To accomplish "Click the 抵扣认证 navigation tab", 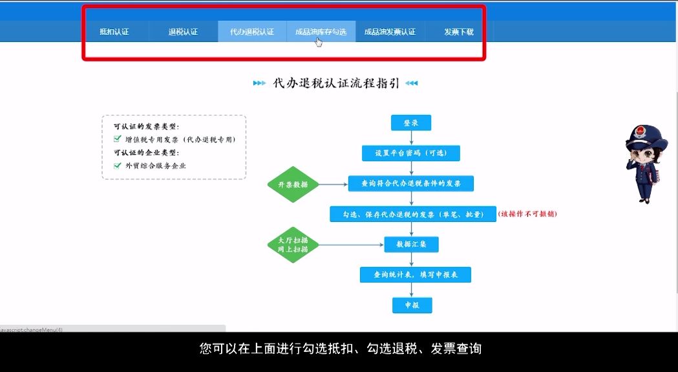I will (x=114, y=32).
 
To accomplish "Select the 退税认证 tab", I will (x=183, y=32).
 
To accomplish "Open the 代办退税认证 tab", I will (x=252, y=32).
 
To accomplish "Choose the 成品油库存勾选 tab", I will (x=321, y=32).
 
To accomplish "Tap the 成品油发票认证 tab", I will (x=390, y=32).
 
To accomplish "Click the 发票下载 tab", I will (x=459, y=32).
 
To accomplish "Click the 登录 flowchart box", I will (x=411, y=123).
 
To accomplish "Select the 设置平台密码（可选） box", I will (x=411, y=153).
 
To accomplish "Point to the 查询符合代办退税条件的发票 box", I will (x=411, y=184).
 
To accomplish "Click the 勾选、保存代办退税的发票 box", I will (x=413, y=214).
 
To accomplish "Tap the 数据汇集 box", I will (x=412, y=245).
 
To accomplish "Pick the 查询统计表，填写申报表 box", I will (x=415, y=275).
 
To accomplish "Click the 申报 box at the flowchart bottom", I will (x=412, y=305).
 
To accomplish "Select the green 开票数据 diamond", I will (x=293, y=184).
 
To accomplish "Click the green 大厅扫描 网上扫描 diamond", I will (x=293, y=245).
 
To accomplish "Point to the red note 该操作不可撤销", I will (x=527, y=214).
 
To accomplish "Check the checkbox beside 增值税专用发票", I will (x=118, y=139).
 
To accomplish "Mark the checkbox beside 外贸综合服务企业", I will (x=118, y=166).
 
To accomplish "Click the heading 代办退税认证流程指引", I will (x=336, y=83).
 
